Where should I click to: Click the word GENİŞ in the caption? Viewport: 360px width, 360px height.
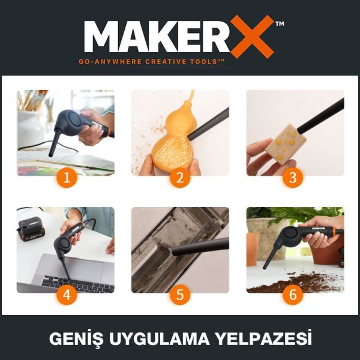click(74, 340)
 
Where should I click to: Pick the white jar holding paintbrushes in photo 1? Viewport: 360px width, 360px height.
click(30, 126)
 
